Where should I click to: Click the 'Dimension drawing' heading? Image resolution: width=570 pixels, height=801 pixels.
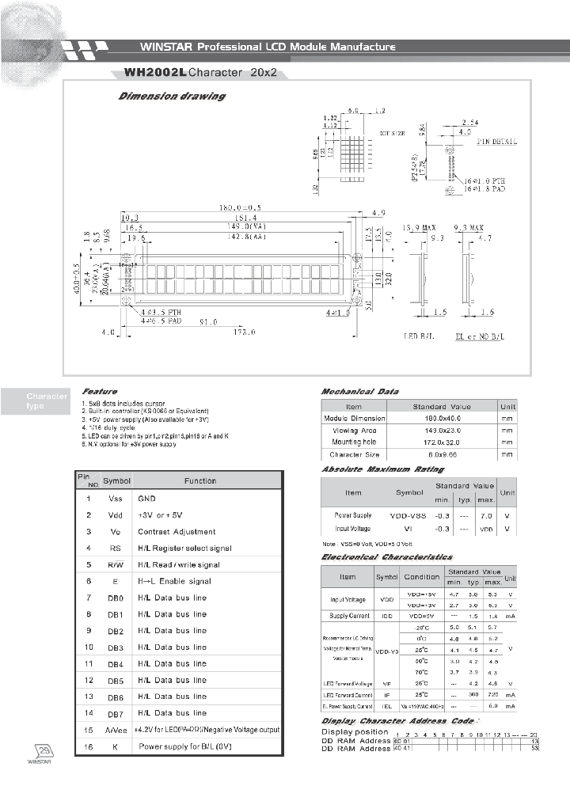(172, 97)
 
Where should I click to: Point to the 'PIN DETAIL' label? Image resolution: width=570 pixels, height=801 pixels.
(497, 142)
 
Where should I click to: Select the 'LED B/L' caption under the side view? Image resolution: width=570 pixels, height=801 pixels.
(420, 336)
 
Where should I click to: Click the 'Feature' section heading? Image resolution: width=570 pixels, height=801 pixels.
(99, 391)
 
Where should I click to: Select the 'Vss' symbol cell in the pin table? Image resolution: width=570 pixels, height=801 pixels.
(116, 499)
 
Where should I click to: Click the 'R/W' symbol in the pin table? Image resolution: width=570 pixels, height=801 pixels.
(116, 565)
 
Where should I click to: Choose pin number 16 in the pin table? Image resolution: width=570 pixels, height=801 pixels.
(89, 746)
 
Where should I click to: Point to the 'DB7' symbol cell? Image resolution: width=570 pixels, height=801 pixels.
(116, 714)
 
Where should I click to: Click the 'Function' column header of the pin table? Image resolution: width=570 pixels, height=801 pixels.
(200, 480)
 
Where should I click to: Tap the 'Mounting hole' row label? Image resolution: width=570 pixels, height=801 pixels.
(353, 442)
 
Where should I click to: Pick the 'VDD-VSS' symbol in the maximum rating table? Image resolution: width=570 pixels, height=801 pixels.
(409, 514)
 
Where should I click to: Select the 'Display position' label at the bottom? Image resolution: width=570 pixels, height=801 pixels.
(355, 732)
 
